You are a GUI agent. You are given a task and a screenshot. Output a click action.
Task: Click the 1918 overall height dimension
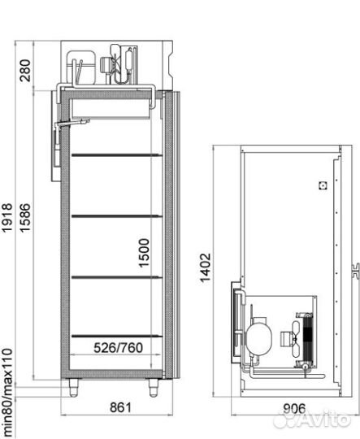coord(7,218)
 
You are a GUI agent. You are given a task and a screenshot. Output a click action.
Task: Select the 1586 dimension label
coord(25,218)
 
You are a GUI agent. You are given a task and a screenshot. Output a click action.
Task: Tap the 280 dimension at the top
coord(25,70)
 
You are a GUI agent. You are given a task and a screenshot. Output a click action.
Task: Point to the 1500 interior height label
coord(144,253)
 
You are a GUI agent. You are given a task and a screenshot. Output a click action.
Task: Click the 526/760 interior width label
coord(118,348)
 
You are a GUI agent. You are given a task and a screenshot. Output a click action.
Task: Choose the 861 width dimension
coord(120,407)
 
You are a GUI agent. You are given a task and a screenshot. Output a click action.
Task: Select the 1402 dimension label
coord(205,268)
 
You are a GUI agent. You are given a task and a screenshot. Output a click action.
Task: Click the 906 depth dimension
coord(294,409)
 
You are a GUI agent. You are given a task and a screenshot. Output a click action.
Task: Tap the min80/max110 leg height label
coord(7,393)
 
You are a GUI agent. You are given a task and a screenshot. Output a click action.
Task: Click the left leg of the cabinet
coord(74,388)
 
